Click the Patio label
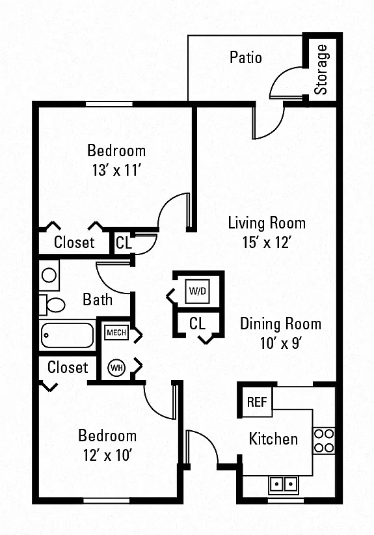click(x=245, y=57)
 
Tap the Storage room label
click(x=321, y=70)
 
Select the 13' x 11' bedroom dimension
click(x=116, y=170)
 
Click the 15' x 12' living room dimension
click(x=267, y=243)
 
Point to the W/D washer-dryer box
click(x=197, y=291)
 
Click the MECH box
click(x=116, y=333)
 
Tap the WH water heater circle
click(x=116, y=368)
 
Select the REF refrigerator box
click(x=257, y=402)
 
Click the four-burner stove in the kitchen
click(x=324, y=441)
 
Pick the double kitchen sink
click(x=284, y=484)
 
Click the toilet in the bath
click(x=52, y=305)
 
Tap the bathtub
click(x=67, y=335)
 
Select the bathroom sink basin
click(x=49, y=275)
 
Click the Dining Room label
click(x=280, y=323)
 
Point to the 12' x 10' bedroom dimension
click(x=108, y=455)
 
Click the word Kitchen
click(x=273, y=439)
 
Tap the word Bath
click(x=98, y=299)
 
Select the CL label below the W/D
click(x=197, y=323)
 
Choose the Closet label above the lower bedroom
click(x=68, y=368)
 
